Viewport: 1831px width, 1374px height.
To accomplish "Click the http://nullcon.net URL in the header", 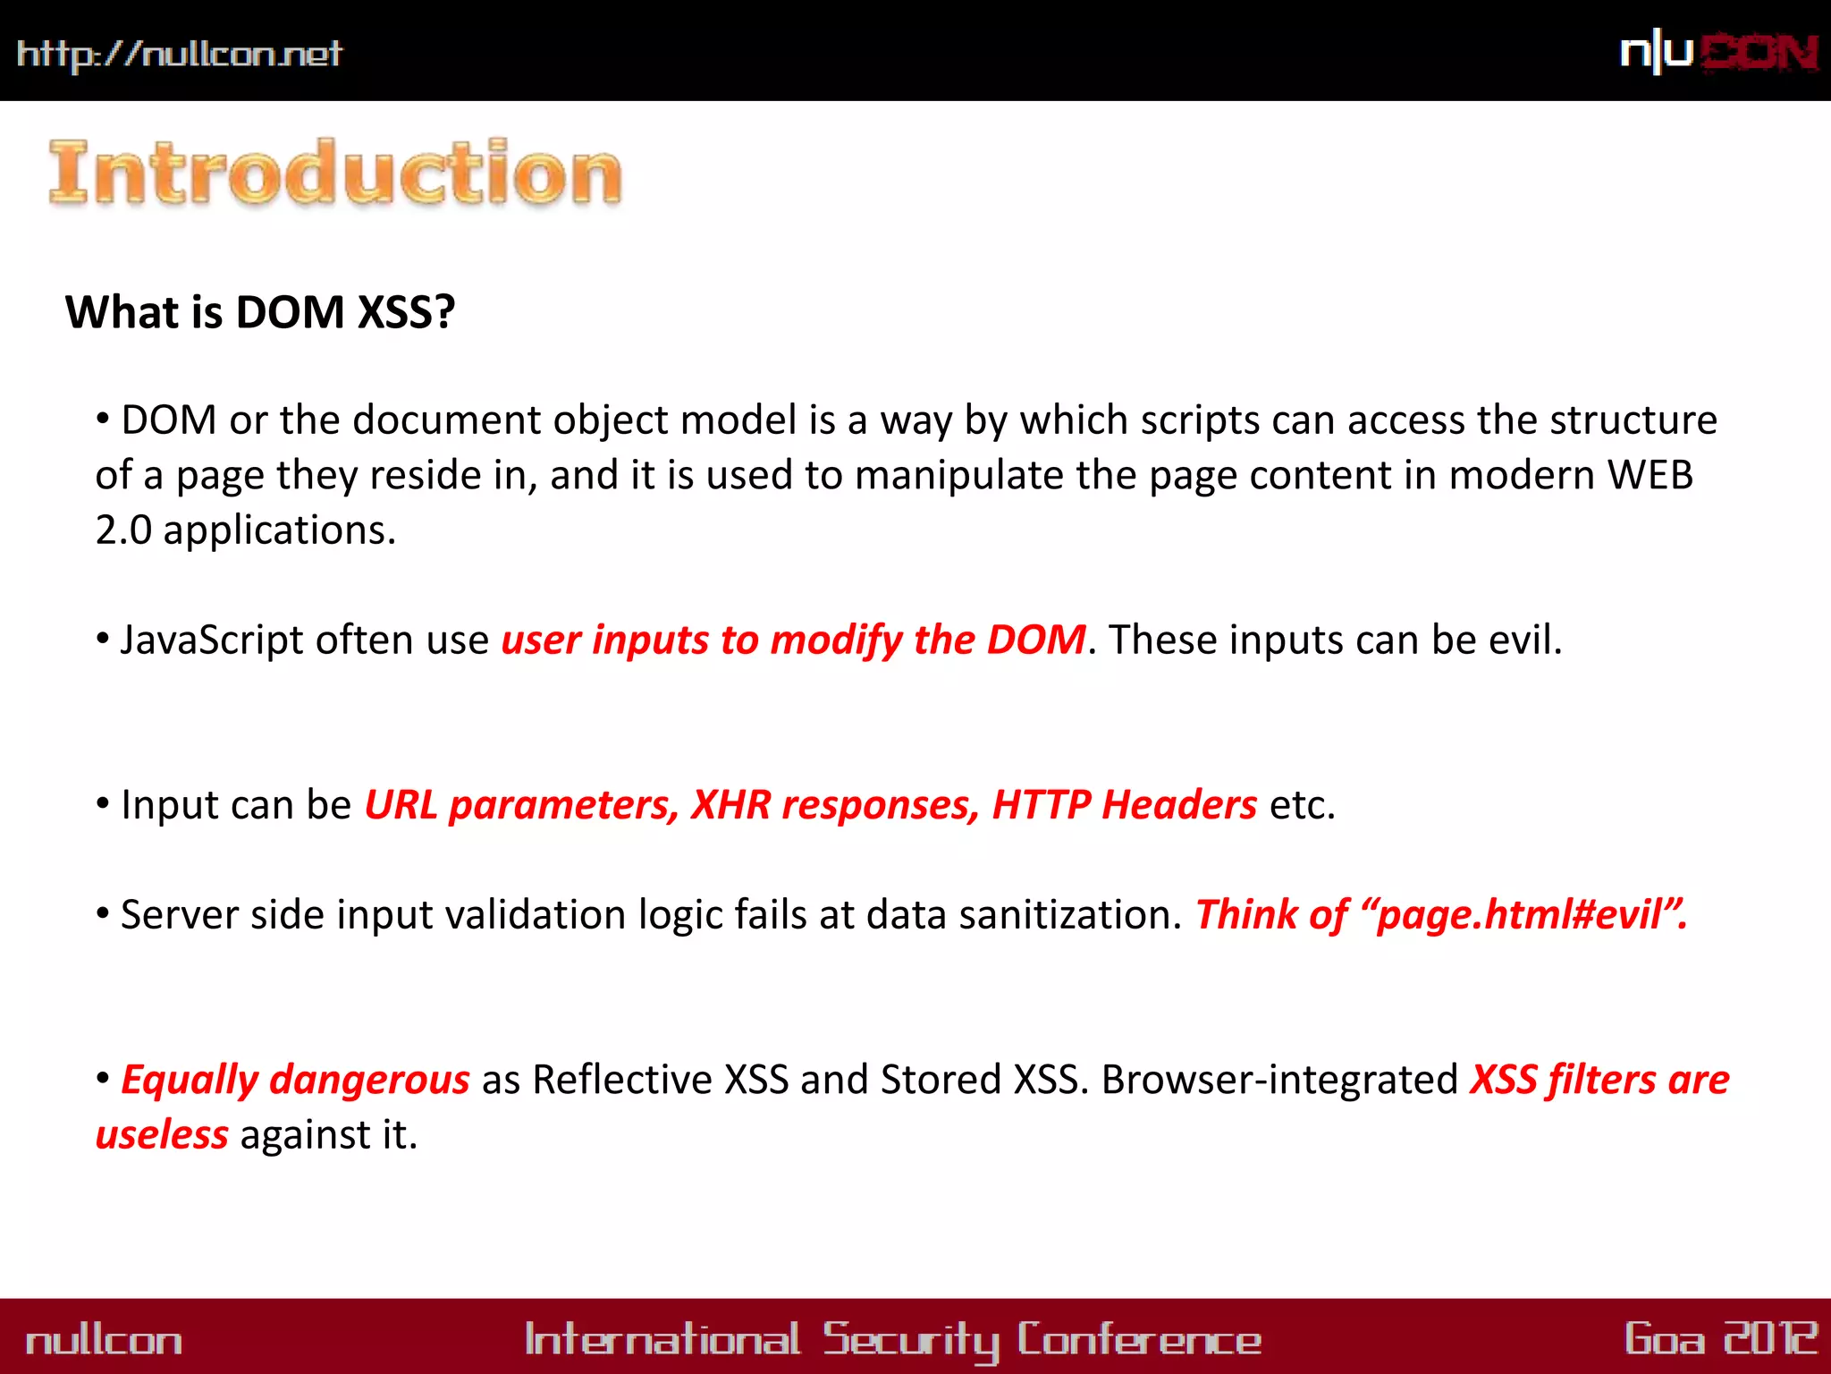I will coord(179,54).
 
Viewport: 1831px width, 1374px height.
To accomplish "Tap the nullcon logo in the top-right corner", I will coord(1718,53).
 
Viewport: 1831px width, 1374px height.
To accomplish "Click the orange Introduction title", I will coord(335,174).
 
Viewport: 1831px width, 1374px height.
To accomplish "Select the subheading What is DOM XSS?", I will coord(260,312).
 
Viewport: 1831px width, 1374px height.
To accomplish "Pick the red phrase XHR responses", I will coord(836,805).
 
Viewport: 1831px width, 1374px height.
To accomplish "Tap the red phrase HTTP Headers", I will coord(1125,805).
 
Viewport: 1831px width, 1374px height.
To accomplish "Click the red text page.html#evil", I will coord(1520,915).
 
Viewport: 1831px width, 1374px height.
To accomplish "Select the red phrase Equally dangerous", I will coord(295,1080).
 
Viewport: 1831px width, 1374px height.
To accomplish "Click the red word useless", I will coord(162,1135).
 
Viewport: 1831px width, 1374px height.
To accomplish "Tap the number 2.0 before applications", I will coord(123,530).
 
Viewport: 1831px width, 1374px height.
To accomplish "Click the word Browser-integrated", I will coord(1279,1080).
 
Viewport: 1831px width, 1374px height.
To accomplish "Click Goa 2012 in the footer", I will coord(1720,1339).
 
